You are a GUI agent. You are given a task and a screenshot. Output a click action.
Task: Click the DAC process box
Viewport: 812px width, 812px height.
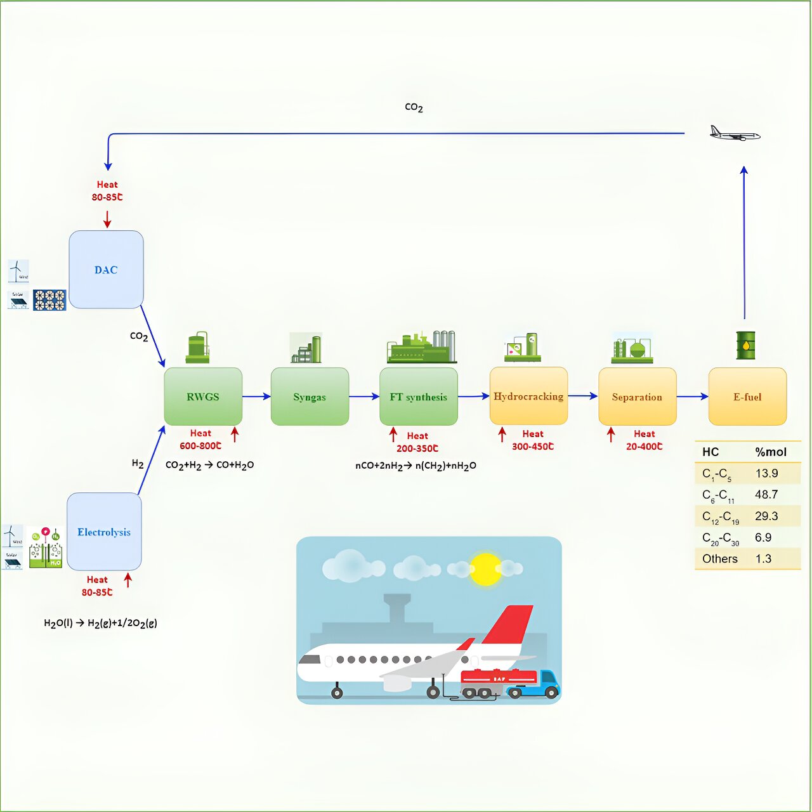coord(106,270)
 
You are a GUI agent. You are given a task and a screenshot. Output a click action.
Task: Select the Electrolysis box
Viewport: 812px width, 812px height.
coord(104,532)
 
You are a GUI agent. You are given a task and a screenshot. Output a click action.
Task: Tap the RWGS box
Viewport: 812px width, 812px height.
coord(203,396)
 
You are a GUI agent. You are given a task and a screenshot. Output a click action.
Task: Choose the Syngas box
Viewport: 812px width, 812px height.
coord(310,396)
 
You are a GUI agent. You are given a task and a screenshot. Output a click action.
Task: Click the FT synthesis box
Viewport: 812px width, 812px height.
coord(418,396)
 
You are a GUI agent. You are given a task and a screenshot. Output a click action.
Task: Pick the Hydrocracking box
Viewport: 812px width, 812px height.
coord(528,396)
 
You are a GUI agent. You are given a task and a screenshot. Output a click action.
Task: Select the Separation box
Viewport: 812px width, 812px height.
coord(637,396)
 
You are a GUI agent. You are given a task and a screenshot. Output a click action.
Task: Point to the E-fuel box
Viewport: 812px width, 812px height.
coord(747,396)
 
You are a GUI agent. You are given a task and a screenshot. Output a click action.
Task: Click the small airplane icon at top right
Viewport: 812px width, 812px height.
coord(734,134)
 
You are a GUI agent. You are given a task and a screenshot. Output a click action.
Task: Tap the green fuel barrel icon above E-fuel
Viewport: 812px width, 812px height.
coord(745,345)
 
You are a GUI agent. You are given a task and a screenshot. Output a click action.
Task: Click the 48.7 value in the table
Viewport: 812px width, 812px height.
coord(766,494)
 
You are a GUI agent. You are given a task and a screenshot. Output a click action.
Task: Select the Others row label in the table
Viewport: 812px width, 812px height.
coord(720,559)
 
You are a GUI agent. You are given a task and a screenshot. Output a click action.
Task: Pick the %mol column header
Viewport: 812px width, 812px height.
coord(770,452)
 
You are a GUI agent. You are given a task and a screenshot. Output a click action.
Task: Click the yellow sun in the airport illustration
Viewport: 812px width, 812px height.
coord(486,569)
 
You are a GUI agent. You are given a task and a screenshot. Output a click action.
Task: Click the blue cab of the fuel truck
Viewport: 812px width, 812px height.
coord(547,681)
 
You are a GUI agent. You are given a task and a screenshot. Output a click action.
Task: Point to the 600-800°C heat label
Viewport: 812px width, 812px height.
coord(200,446)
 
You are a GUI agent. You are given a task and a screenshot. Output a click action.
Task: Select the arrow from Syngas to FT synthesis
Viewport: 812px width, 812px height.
coord(363,396)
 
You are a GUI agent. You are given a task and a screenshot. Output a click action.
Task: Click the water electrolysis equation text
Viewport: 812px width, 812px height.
coord(100,623)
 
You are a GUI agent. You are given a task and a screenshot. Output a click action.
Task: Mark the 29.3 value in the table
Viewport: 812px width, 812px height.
coord(766,516)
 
